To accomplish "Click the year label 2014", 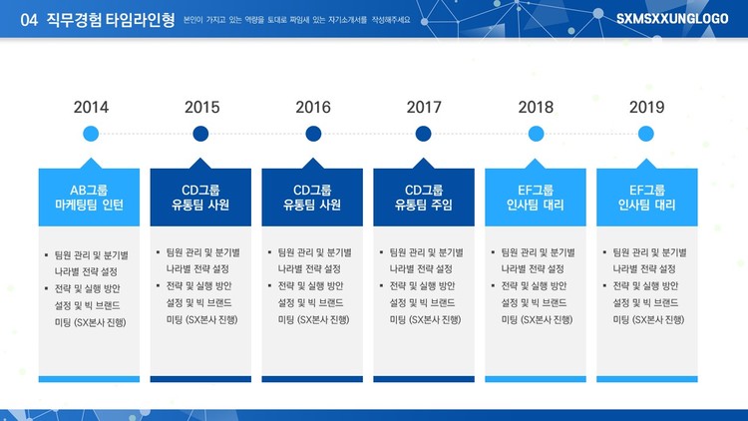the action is (91, 107).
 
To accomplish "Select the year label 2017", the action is (424, 107).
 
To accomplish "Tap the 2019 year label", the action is (646, 107).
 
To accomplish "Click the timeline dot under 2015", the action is (200, 134).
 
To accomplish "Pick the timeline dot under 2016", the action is (313, 134).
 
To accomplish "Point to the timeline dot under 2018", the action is (536, 134).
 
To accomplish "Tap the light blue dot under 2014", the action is (91, 134).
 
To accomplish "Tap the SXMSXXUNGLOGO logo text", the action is (672, 19).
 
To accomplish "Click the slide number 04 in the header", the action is (29, 20).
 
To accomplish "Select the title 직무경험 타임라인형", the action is (111, 20).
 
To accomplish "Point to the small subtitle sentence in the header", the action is (297, 20).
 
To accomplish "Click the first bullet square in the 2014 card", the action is (46, 255).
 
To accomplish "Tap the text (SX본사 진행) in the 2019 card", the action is (658, 319).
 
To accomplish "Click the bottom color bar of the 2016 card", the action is (312, 379).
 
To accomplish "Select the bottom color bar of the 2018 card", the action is (536, 379).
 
